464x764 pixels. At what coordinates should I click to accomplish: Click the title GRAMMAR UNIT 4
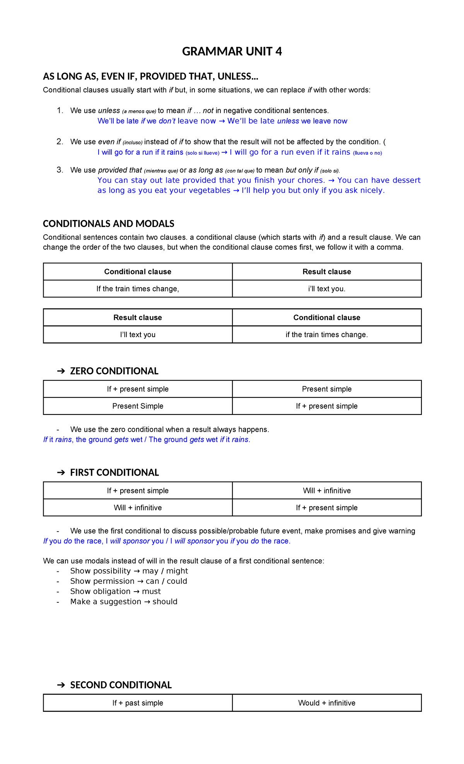tap(232, 51)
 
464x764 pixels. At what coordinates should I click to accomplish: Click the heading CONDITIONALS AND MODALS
tap(108, 224)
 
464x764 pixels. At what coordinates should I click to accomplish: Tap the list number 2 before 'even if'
tap(60, 142)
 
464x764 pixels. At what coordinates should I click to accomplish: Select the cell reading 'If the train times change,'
tap(138, 289)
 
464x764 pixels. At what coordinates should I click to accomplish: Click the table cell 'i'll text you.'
tap(327, 289)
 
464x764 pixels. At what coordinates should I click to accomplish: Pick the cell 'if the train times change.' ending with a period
tap(327, 335)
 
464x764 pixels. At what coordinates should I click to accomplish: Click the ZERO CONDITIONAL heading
tap(114, 371)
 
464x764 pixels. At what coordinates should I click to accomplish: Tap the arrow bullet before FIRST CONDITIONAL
tap(61, 473)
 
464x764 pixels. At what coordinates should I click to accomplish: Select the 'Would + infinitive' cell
tap(327, 703)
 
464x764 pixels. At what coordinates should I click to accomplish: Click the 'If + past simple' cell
tap(138, 703)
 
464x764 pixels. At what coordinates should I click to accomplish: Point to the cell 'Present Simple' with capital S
tap(138, 406)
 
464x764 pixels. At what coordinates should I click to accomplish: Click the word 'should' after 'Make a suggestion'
tap(165, 602)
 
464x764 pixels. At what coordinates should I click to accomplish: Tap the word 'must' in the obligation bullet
tap(151, 592)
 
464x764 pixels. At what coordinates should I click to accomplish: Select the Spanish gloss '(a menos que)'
tap(139, 111)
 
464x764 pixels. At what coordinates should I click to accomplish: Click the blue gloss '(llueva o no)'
tap(367, 153)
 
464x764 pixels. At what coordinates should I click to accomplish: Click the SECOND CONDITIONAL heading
tap(121, 685)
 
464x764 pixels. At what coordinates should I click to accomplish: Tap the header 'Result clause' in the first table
tap(327, 272)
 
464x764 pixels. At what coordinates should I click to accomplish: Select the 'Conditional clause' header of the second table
tap(327, 318)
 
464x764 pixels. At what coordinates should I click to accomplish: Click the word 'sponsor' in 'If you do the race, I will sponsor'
tap(136, 541)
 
